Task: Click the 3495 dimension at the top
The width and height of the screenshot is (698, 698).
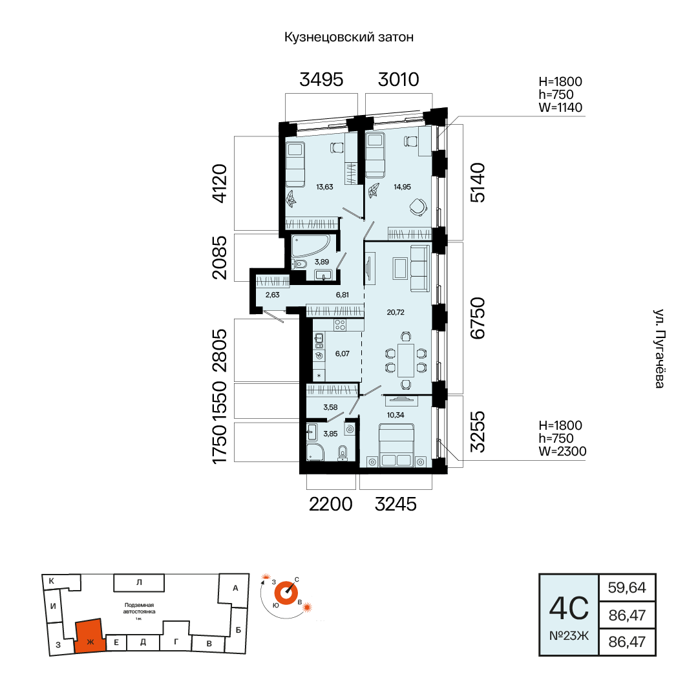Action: click(321, 79)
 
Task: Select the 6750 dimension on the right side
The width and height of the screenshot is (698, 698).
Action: click(478, 318)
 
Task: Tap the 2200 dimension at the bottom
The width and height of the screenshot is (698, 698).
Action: click(331, 504)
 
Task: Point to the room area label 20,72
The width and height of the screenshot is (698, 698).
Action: click(396, 313)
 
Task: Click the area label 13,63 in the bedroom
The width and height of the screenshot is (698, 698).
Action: click(324, 187)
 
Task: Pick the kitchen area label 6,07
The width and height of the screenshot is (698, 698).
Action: click(343, 354)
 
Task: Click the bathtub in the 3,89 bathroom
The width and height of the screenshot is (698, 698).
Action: click(311, 246)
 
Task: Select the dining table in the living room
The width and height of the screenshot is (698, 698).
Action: click(406, 360)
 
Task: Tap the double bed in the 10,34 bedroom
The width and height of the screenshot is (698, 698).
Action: click(396, 445)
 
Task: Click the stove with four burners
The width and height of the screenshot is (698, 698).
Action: click(340, 325)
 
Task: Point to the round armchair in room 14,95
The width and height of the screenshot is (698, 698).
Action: click(418, 207)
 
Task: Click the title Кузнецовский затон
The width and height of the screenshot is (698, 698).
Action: click(349, 37)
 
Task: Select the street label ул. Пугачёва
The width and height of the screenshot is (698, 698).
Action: click(659, 348)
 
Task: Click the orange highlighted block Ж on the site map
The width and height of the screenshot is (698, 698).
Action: click(90, 636)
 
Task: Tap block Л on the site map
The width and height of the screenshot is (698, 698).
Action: click(139, 582)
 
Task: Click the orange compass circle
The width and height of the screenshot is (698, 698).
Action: click(286, 593)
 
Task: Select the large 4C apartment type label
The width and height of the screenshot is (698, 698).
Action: click(569, 608)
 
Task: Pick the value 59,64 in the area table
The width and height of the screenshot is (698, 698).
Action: click(627, 587)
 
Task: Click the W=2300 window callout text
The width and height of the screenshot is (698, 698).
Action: click(563, 451)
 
